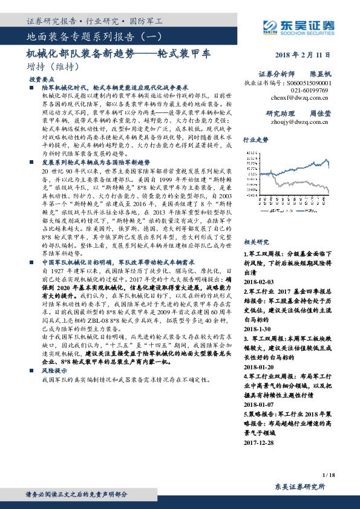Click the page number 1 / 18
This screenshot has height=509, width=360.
pyautogui.click(x=328, y=476)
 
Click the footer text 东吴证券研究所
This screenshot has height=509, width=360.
pyautogui.click(x=299, y=487)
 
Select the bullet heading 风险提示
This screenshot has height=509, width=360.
pyautogui.click(x=54, y=368)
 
